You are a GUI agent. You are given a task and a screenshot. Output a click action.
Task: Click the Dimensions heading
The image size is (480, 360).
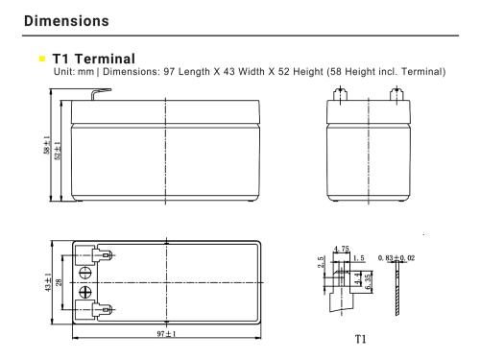pos(66,21)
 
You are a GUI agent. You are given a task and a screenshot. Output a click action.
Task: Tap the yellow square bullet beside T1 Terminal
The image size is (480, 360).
pos(42,59)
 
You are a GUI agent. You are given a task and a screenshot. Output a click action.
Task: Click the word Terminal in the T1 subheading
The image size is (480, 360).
pos(105,59)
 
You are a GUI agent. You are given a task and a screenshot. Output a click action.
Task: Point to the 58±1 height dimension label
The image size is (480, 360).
pos(47,145)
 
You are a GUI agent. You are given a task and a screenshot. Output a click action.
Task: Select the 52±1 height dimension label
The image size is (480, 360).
pos(58,151)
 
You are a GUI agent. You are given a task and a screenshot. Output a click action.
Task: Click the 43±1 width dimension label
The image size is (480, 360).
pos(48,282)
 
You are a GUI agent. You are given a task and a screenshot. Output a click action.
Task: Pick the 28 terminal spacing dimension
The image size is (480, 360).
pos(59,282)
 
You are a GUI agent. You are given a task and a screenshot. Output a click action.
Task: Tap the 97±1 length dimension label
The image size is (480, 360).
pos(166,334)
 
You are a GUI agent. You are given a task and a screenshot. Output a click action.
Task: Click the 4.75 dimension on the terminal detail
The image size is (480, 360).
pos(342,249)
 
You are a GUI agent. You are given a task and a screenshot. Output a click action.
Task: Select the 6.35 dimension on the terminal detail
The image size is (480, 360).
pos(369,281)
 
